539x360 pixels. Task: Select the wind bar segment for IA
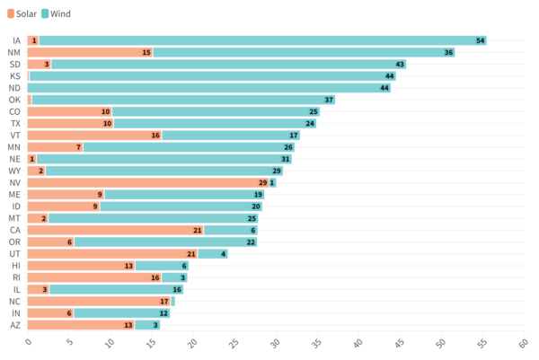point(261,40)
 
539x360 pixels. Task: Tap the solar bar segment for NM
point(90,52)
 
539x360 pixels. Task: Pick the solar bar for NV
point(148,182)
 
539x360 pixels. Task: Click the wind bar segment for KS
point(212,76)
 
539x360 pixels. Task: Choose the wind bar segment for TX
point(214,123)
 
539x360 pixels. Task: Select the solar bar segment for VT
point(94,135)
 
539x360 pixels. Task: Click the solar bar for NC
point(99,301)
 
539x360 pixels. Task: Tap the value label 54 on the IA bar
point(481,40)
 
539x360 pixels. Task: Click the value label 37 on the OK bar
point(329,100)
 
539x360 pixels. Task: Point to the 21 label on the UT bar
point(191,254)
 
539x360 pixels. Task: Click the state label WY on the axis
point(14,171)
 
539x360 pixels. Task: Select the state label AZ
point(15,325)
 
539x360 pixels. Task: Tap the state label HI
point(16,266)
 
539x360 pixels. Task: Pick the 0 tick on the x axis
point(28,343)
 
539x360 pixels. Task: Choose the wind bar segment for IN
point(120,312)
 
